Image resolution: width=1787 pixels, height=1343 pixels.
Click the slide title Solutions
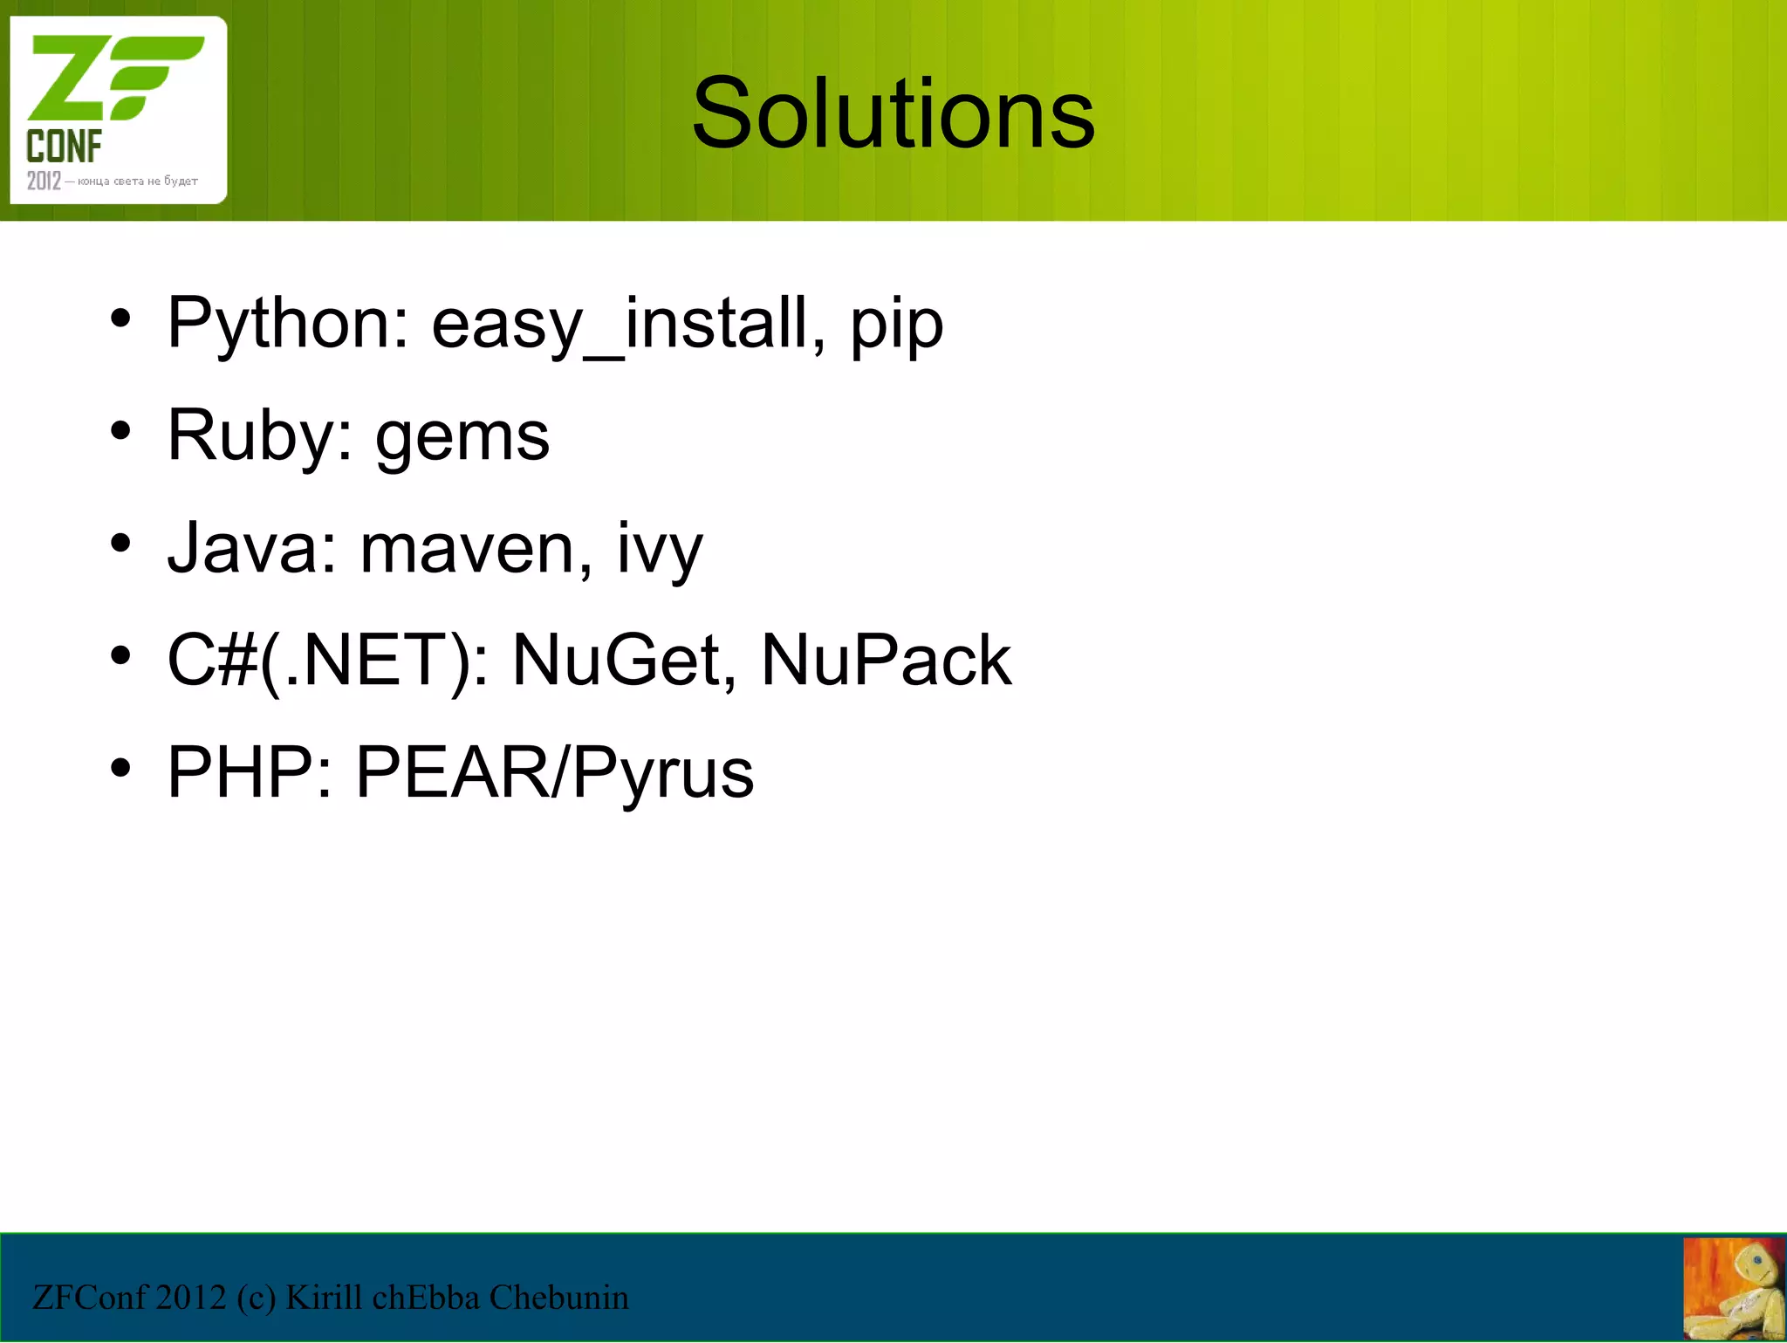(x=893, y=113)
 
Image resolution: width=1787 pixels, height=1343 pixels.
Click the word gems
(x=462, y=439)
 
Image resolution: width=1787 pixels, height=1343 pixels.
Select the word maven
(x=466, y=551)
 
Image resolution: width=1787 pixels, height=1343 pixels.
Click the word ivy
(x=660, y=551)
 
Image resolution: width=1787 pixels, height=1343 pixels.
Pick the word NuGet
(x=616, y=661)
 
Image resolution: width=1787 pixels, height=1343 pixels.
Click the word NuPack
(x=886, y=661)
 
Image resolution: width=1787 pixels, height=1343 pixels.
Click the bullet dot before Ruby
(x=120, y=430)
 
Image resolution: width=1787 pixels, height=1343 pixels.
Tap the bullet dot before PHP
(x=120, y=768)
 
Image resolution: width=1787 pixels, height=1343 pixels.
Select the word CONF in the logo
(x=64, y=147)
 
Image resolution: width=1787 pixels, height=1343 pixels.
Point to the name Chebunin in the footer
(x=558, y=1298)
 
